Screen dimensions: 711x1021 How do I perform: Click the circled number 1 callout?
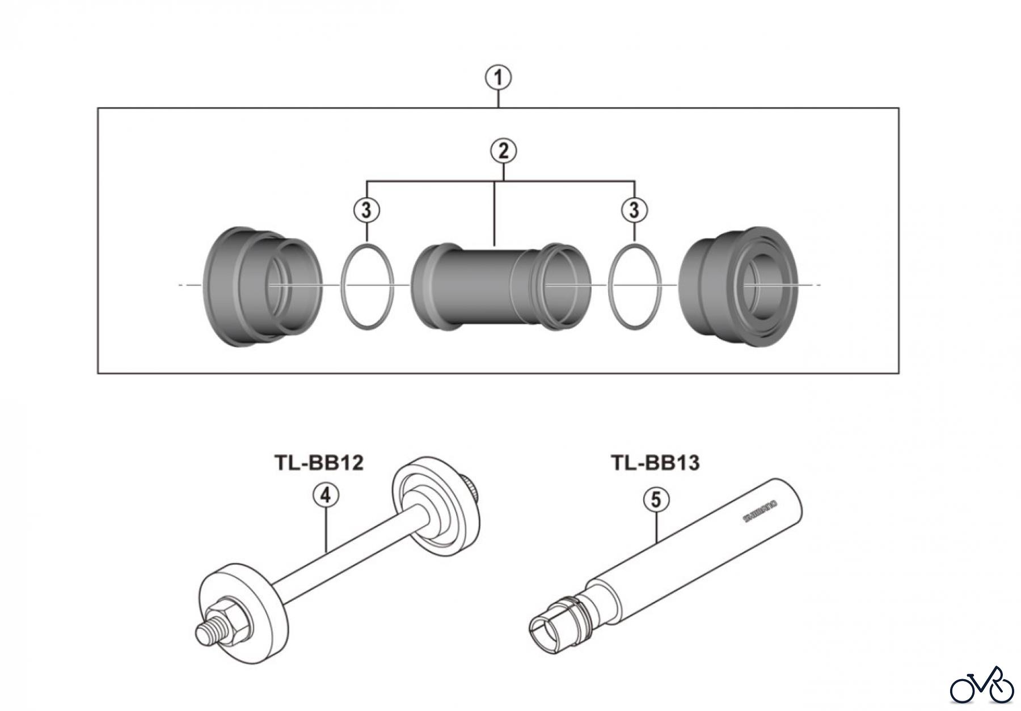499,78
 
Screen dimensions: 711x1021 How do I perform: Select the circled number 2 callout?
503,151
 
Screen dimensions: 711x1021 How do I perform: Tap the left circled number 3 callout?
366,210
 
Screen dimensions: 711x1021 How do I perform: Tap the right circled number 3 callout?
634,210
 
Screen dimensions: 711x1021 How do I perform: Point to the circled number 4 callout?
326,495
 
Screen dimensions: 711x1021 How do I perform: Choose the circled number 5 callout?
656,500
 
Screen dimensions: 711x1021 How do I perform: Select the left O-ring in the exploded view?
368,286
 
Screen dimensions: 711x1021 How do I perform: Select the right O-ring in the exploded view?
635,286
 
